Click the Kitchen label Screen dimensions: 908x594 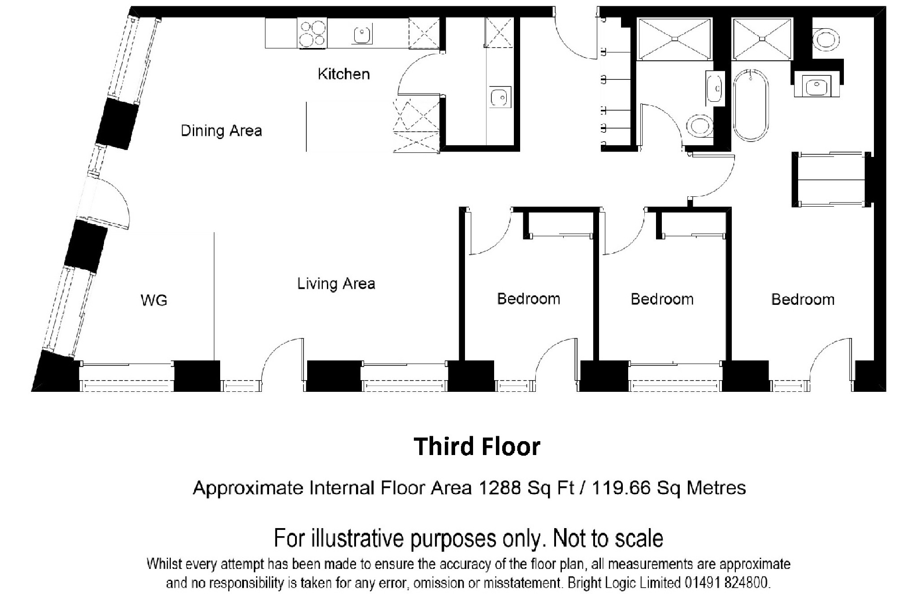tap(344, 74)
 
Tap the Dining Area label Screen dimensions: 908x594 tap(221, 130)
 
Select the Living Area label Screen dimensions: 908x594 tap(336, 283)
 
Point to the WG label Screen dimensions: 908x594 tap(154, 300)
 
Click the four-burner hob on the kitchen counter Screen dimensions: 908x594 tap(312, 33)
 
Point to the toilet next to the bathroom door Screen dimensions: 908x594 tap(700, 126)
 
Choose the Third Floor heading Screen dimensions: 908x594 tap(477, 447)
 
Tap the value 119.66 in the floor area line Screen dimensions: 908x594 tap(621, 488)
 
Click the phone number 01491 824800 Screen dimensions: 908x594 tap(727, 583)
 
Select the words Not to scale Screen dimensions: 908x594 tap(608, 538)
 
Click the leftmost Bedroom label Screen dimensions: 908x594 tap(529, 299)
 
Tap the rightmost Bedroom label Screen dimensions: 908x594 tap(803, 299)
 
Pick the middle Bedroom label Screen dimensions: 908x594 tap(662, 299)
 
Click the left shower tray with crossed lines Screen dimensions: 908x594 tap(674, 39)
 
